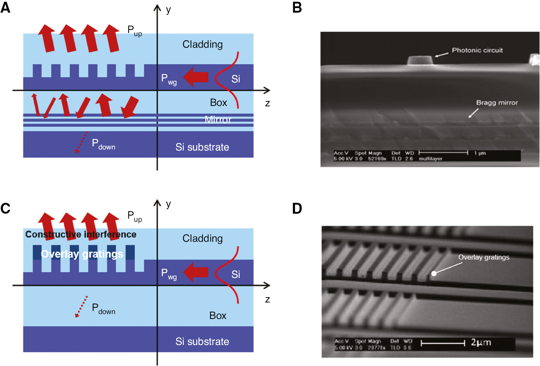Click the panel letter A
(x=5, y=7)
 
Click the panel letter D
(x=297, y=208)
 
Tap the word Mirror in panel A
(x=218, y=120)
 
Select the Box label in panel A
(x=218, y=102)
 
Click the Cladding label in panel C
(x=202, y=239)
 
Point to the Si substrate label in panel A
(x=202, y=147)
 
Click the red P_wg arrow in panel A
(x=196, y=77)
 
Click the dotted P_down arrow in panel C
(x=82, y=306)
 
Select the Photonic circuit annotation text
(x=477, y=50)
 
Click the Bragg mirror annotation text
(x=497, y=102)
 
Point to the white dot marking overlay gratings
(x=434, y=273)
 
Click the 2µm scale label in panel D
(x=481, y=342)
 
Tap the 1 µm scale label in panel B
(x=480, y=153)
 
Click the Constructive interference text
(x=81, y=234)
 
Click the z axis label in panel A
(x=268, y=103)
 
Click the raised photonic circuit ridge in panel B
(x=420, y=60)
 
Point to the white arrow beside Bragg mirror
(x=473, y=113)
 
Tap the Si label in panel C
(x=236, y=274)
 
